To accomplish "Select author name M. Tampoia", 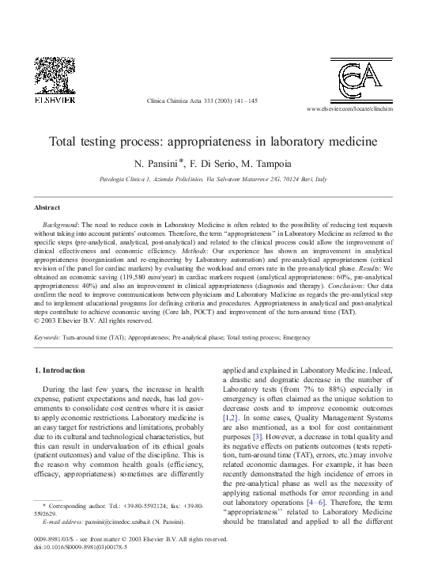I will (x=268, y=163).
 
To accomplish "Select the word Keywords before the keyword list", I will (x=47, y=337).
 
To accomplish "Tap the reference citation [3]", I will (x=257, y=435).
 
